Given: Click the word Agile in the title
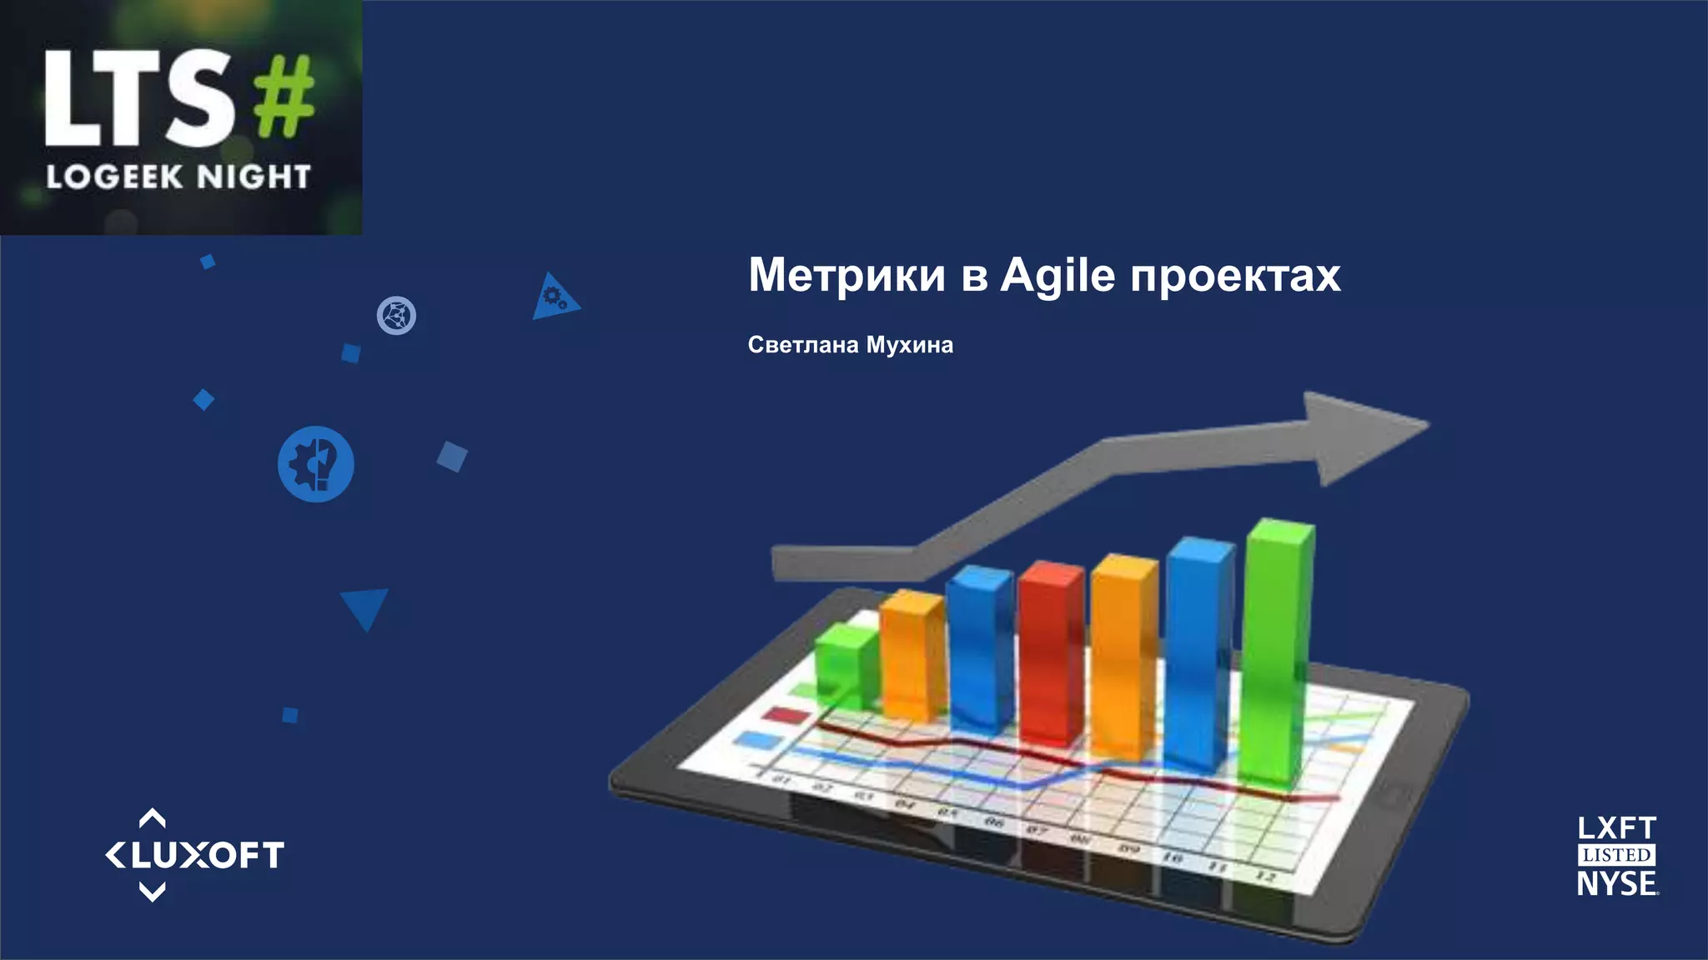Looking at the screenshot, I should coord(1057,276).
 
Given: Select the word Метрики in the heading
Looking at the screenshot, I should coord(846,275).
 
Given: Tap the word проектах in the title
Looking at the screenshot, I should coord(1235,276).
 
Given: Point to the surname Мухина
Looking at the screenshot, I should coord(909,345).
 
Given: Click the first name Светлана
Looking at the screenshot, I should coord(802,345).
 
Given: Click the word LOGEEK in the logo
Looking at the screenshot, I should coord(114,177).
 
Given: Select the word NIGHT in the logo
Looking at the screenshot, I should coord(254,177).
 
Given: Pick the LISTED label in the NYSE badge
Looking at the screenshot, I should coord(1616,855).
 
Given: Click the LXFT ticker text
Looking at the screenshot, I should coord(1616,828).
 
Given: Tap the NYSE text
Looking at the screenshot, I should coord(1616,883).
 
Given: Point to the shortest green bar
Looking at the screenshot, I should coord(846,667).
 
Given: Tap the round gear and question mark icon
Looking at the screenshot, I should coord(316,464).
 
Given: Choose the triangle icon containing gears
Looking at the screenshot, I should coord(553,298).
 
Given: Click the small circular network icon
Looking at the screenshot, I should coord(396,316).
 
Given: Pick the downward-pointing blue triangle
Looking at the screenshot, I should coord(364,606).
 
